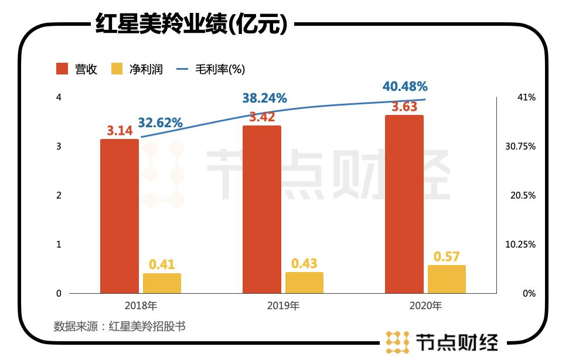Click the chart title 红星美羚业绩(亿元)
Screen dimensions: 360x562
pos(191,25)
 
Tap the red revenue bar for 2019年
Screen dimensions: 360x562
pos(261,209)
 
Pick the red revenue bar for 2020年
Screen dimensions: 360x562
pos(404,204)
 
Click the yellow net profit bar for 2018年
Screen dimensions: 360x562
pos(162,283)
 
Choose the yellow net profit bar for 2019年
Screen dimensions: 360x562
pos(304,283)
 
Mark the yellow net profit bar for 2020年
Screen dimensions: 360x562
pos(447,279)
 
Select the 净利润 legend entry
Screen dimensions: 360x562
pos(137,69)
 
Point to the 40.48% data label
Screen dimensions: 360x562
pos(405,86)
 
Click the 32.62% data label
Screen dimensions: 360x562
pos(161,123)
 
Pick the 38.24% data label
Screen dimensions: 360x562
pos(264,99)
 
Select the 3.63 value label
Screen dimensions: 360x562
pos(404,107)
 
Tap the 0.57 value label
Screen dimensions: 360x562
pos(447,256)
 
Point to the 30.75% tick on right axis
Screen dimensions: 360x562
pos(520,146)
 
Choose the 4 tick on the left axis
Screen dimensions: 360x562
pos(59,97)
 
